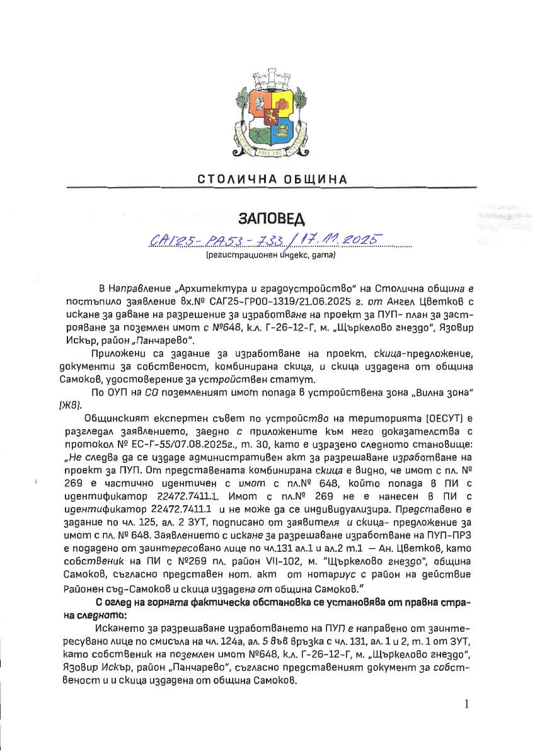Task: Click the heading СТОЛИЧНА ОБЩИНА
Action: (x=272, y=179)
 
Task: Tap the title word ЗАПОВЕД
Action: (x=272, y=219)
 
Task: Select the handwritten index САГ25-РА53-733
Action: (x=220, y=241)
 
